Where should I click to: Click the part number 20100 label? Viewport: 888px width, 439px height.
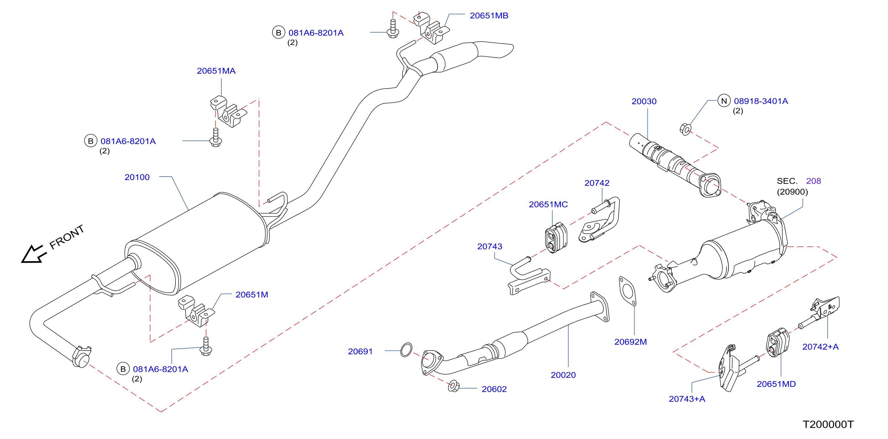point(137,177)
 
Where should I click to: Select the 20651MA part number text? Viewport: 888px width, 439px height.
point(216,71)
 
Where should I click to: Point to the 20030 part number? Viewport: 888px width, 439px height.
point(644,101)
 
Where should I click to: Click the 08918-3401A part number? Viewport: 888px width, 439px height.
point(761,101)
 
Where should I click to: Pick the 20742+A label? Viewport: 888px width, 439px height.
point(821,347)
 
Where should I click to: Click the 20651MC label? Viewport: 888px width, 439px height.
point(548,204)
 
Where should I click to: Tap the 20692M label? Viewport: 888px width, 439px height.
point(630,342)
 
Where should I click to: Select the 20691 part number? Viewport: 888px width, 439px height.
point(360,352)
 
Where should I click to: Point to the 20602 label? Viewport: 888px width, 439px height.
point(494,389)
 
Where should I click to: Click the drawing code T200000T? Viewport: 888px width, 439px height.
point(828,425)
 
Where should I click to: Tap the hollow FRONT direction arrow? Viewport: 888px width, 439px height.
point(33,254)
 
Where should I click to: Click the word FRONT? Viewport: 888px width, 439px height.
point(67,237)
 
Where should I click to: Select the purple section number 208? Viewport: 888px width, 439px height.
point(813,181)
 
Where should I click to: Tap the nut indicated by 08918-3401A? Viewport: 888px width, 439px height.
point(685,129)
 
